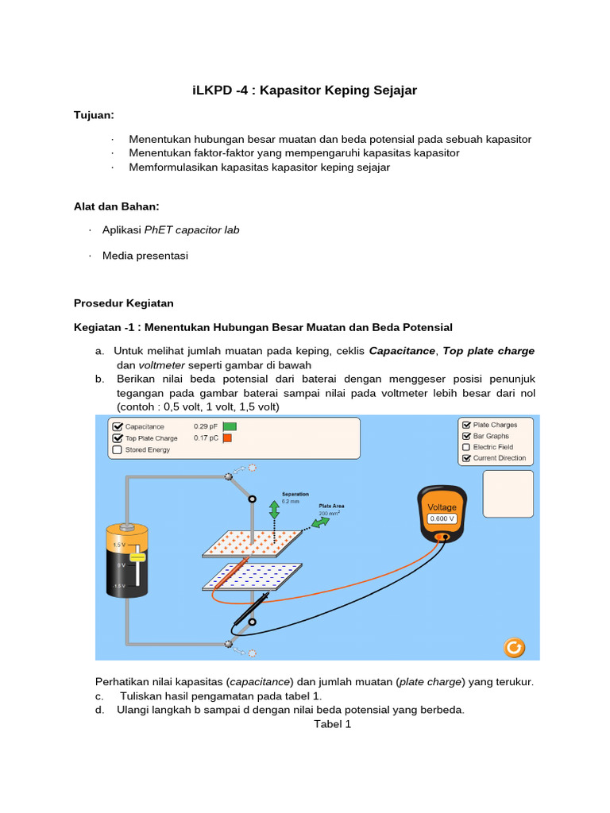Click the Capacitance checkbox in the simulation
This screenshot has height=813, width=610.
pos(118,426)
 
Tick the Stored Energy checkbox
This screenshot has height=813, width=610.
pos(118,449)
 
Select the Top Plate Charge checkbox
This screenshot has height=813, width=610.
pos(118,437)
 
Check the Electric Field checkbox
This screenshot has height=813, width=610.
pos(466,447)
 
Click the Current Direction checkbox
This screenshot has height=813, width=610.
pos(466,458)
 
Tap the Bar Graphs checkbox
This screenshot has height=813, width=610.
pos(466,436)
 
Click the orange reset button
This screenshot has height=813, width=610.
pos(514,647)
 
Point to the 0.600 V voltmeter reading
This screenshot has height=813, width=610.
pos(442,518)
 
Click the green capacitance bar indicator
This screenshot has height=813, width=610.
pos(229,426)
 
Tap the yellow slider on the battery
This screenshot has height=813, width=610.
pos(138,558)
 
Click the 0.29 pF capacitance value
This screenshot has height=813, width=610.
pos(204,426)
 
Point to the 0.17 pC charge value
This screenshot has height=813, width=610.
pos(204,437)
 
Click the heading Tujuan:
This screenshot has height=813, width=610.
pos(94,115)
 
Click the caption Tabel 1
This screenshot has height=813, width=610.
pos(332,724)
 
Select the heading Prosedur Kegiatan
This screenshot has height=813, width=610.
pos(123,303)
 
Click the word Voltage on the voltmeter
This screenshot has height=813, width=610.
pos(442,507)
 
